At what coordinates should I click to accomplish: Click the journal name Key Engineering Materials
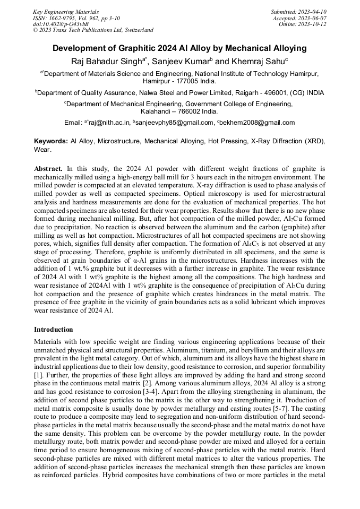(x=66, y=11)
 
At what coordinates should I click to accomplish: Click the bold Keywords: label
(x=51, y=142)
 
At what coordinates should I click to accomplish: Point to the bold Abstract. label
(x=48, y=168)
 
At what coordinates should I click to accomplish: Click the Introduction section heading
(x=54, y=329)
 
